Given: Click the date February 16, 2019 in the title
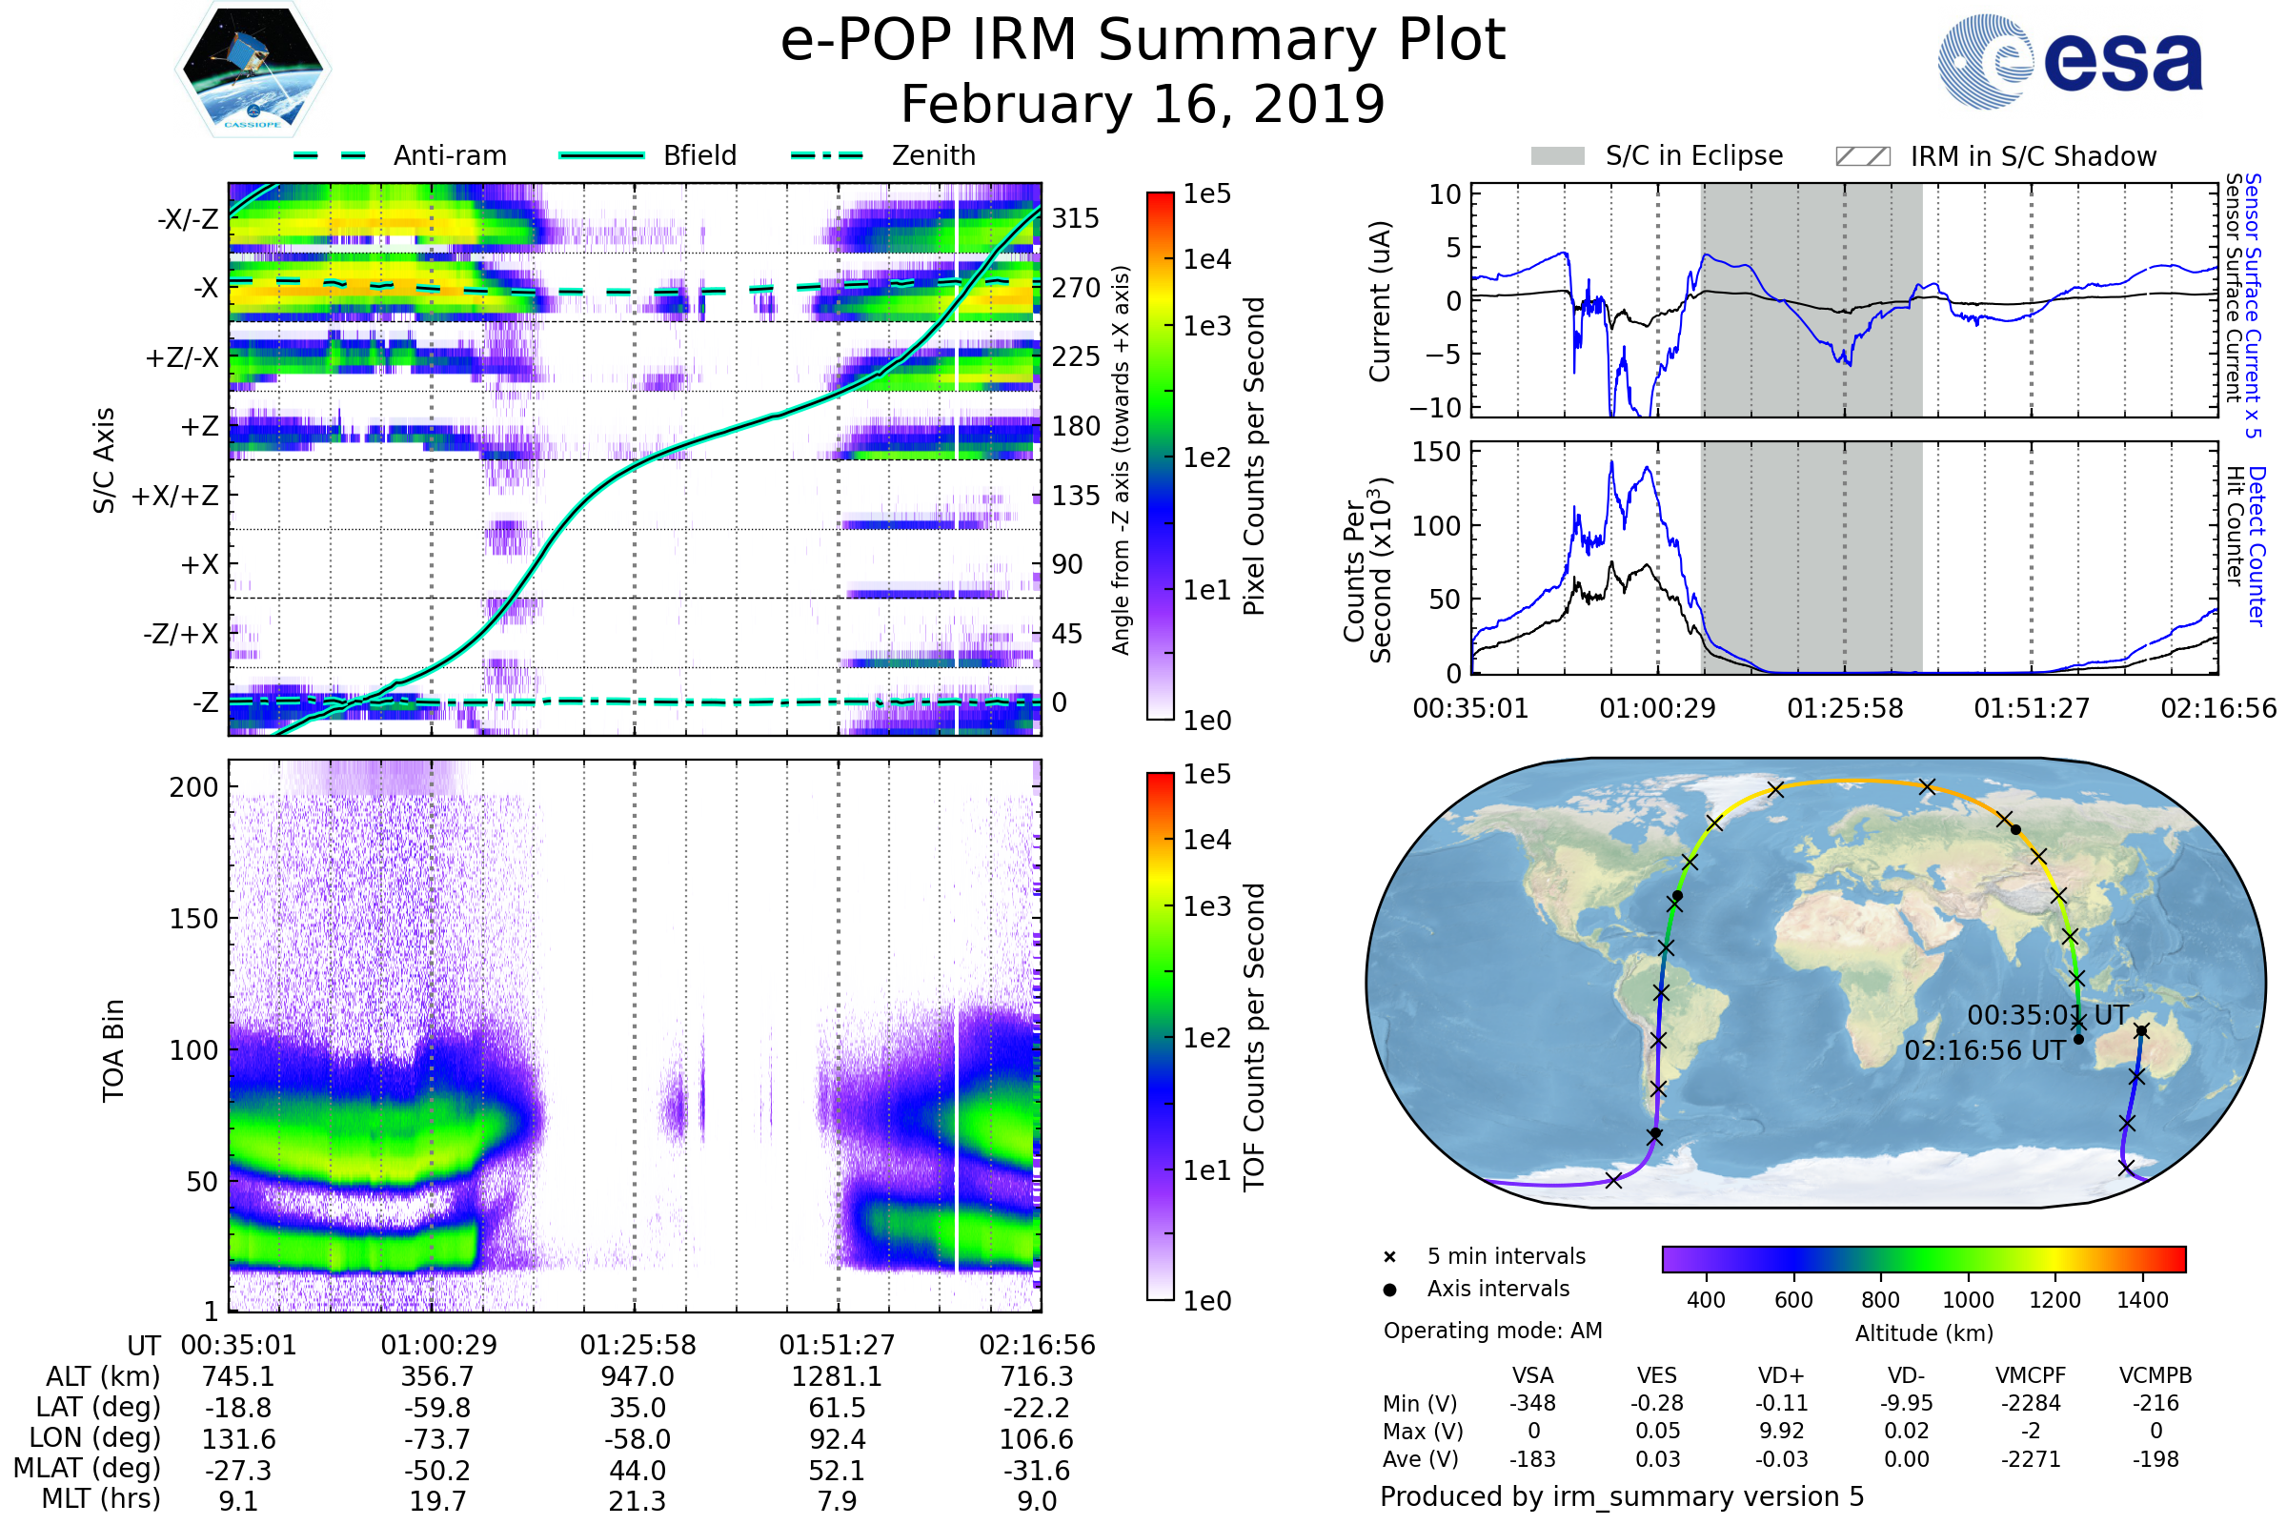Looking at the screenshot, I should pyautogui.click(x=1143, y=104).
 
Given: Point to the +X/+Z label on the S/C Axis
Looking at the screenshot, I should pyautogui.click(x=175, y=496).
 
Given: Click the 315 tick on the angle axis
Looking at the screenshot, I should pyautogui.click(x=1076, y=218).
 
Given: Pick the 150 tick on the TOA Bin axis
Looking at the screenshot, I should pyautogui.click(x=193, y=919).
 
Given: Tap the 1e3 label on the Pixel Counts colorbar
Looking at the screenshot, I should pyautogui.click(x=1206, y=326).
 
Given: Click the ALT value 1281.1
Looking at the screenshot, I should pyautogui.click(x=837, y=1377).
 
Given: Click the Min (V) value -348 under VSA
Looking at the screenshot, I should pyautogui.click(x=1532, y=1403).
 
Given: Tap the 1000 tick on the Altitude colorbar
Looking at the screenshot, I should pyautogui.click(x=1967, y=1300).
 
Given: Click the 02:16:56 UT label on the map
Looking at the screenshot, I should pyautogui.click(x=1984, y=1051).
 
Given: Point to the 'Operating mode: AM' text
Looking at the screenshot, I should pyautogui.click(x=1492, y=1331).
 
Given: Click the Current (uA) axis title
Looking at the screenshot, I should pyautogui.click(x=1380, y=301).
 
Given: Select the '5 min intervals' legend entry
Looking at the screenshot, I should pyautogui.click(x=1506, y=1256).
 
